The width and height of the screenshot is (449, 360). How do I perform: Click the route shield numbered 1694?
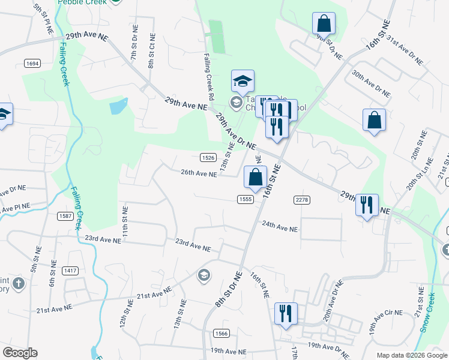32,63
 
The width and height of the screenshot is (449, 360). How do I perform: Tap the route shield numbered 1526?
208,157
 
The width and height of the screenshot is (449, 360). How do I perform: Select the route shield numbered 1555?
244,199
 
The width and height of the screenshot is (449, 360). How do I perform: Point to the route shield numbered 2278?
301,199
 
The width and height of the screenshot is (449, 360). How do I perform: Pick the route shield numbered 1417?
70,271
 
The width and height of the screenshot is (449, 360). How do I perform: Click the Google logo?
20,353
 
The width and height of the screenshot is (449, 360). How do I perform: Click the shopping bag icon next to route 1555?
256,177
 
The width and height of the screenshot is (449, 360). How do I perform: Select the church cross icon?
19,282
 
